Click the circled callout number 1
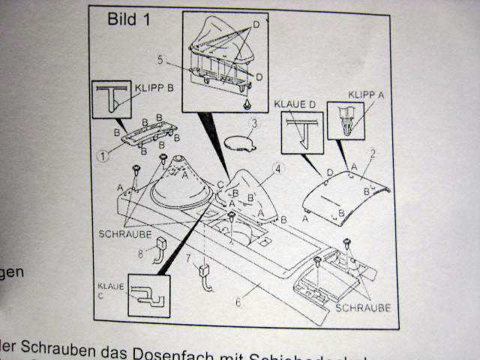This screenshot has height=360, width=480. [103, 155]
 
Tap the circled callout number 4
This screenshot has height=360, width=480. [279, 169]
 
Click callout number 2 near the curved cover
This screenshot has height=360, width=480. [372, 152]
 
